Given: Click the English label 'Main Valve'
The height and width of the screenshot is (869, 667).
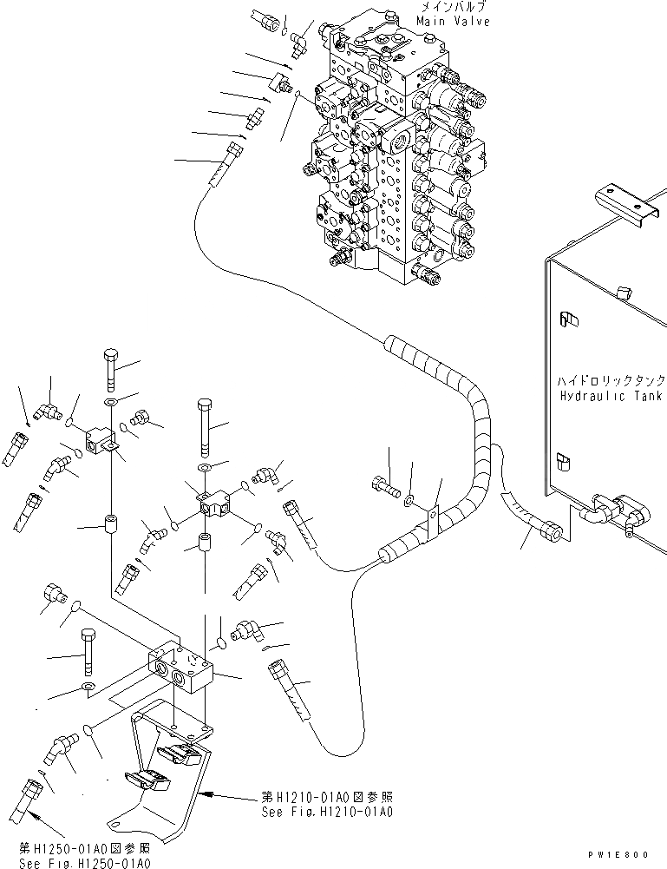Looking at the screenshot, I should click(x=453, y=22).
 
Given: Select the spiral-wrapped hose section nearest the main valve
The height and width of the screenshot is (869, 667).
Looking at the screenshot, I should click(x=401, y=351).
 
